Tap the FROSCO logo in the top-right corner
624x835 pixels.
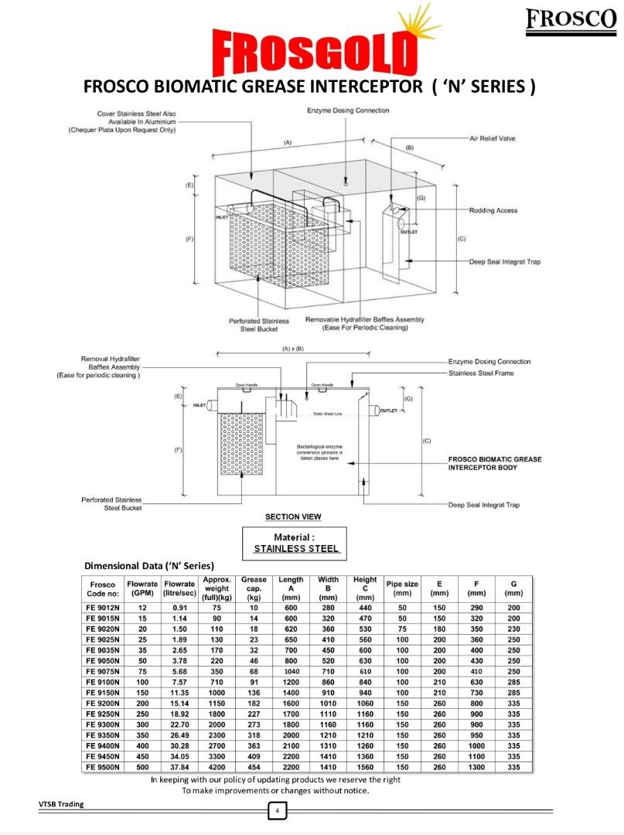[x=570, y=21]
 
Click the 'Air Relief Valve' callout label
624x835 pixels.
[x=492, y=138]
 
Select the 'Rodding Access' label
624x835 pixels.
[x=493, y=210]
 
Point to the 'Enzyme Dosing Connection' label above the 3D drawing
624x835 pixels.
[x=348, y=111]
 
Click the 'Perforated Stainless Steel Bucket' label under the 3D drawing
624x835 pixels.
[x=258, y=325]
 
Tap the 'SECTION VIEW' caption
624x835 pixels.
[x=293, y=516]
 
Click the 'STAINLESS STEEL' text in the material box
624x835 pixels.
[x=297, y=548]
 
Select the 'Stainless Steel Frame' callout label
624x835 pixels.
[x=480, y=373]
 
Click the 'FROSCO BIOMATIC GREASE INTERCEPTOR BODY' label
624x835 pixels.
[x=495, y=463]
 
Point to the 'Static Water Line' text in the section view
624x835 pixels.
[x=327, y=414]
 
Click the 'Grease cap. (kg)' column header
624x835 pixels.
[x=254, y=588]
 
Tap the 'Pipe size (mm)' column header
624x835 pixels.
[x=402, y=588]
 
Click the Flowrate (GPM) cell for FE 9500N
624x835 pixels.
[x=142, y=766]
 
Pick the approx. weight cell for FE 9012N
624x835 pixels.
[x=217, y=608]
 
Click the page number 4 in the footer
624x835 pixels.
[x=278, y=811]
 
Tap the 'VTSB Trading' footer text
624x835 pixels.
[x=61, y=804]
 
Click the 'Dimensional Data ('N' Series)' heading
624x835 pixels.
[x=149, y=565]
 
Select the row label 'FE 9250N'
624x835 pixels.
[x=103, y=715]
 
